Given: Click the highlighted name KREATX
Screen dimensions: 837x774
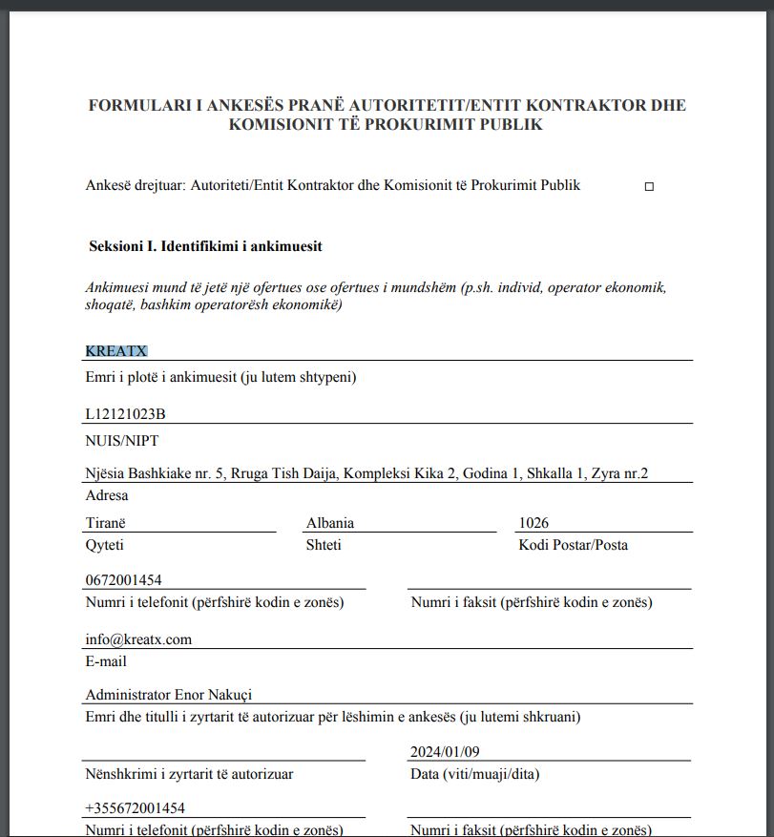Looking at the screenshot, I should (116, 351).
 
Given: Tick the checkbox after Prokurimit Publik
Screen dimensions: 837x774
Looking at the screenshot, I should (649, 187).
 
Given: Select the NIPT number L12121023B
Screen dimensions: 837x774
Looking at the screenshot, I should (125, 413).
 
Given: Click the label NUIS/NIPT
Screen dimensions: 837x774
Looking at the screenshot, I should (121, 440).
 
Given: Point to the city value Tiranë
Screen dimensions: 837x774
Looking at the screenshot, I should (105, 523).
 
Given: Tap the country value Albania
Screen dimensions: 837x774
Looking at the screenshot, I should (330, 523).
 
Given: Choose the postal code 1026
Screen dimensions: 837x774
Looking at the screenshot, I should (533, 523).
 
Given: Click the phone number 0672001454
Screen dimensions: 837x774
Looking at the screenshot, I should (123, 580).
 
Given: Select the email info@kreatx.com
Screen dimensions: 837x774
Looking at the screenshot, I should (138, 639).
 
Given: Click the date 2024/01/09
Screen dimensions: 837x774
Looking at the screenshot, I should (445, 751).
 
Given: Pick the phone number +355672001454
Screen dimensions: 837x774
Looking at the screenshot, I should (135, 808).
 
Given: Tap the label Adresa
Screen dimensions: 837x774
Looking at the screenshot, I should (106, 495).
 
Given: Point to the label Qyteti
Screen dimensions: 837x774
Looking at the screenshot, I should (104, 545).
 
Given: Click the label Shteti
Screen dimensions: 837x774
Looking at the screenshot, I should (324, 545).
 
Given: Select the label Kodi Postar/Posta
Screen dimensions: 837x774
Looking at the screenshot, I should (573, 545).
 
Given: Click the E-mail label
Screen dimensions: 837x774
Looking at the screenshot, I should (105, 661).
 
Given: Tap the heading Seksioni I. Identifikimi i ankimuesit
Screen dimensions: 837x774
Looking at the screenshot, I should (205, 246).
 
